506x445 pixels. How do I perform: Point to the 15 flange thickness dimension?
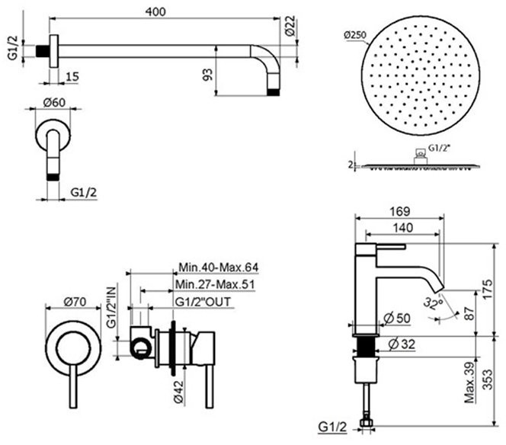[71, 76]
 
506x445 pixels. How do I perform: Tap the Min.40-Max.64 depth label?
[219, 267]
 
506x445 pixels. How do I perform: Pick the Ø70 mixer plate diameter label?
[73, 302]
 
